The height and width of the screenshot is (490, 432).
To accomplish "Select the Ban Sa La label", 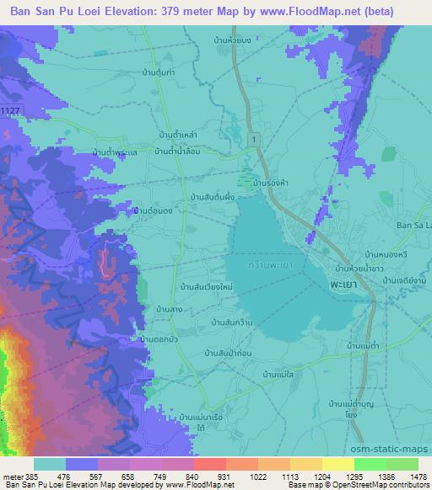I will (x=413, y=226).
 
